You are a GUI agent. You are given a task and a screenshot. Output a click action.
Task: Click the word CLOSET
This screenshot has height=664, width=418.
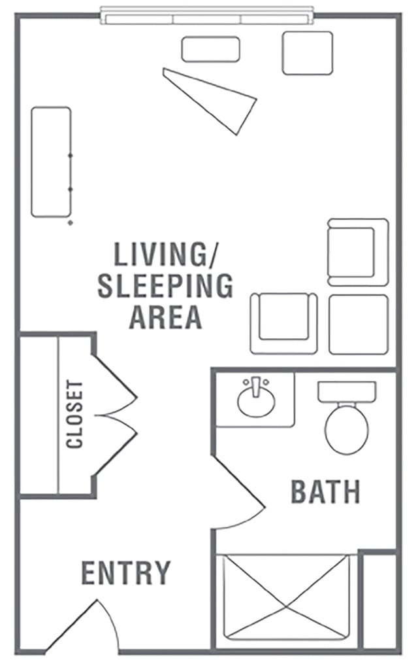tap(74, 414)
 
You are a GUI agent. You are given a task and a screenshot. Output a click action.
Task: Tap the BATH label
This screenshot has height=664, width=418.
tap(325, 492)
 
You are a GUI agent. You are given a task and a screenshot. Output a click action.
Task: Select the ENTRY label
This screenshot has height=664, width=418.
tap(126, 572)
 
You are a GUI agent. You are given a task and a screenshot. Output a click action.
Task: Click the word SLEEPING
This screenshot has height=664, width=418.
tap(165, 286)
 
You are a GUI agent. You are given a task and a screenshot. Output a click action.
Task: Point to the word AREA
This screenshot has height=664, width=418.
tap(165, 317)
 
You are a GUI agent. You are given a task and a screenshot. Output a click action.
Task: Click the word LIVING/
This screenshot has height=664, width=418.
tap(165, 254)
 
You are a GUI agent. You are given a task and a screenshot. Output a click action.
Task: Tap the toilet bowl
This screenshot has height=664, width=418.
tap(347, 429)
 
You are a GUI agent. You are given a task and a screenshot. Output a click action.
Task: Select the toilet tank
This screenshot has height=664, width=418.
tap(347, 392)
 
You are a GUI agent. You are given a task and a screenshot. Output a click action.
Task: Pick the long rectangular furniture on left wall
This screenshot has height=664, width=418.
tap(51, 162)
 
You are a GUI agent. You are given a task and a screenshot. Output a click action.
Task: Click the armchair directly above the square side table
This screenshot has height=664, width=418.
tap(358, 252)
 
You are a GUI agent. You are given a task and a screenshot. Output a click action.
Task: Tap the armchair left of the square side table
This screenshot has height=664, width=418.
tap(283, 323)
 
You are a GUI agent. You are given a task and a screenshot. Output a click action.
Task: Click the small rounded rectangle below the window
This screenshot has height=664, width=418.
tap(211, 49)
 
